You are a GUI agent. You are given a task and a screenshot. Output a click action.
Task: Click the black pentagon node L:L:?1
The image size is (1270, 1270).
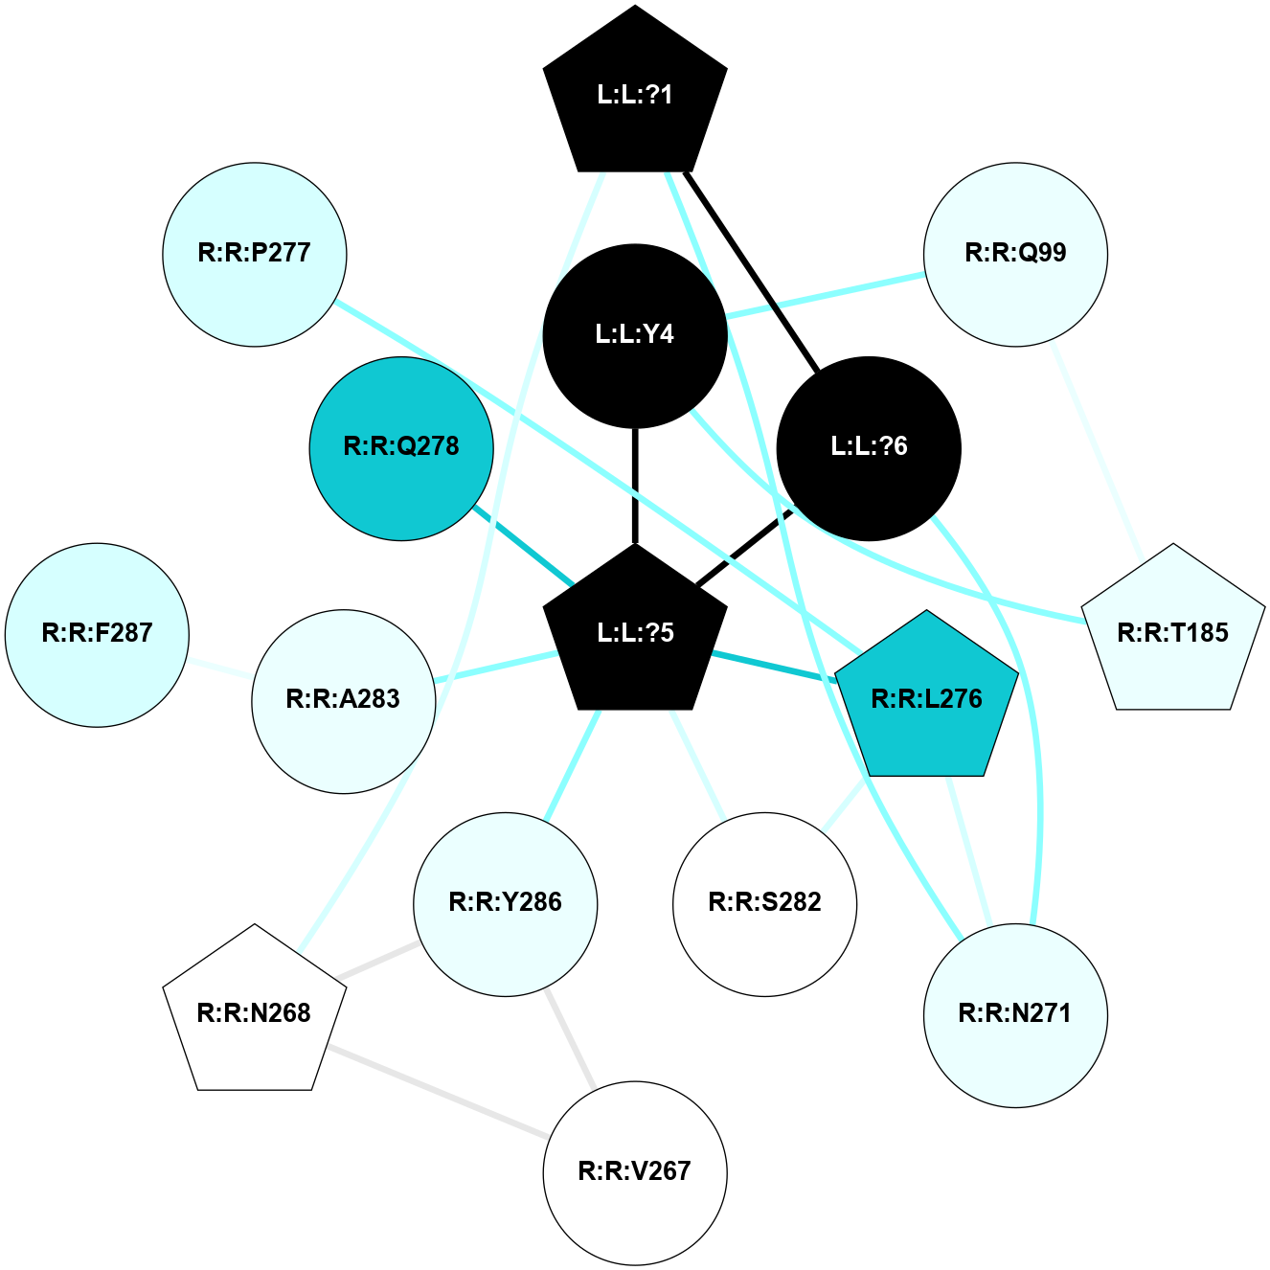(635, 94)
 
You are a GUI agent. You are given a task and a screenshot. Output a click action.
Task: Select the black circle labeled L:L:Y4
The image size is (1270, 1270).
(635, 334)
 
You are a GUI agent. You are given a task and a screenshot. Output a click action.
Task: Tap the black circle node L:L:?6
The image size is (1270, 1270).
(869, 447)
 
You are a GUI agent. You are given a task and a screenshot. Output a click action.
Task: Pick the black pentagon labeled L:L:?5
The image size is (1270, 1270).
(635, 632)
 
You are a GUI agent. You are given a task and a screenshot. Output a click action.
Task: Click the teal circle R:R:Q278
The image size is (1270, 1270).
(401, 447)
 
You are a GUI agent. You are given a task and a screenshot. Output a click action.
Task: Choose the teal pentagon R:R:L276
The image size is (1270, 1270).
(926, 698)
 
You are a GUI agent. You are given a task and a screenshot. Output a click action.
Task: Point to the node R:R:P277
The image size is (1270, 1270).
(255, 254)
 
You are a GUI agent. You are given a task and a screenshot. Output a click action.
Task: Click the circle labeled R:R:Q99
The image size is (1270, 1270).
(1015, 254)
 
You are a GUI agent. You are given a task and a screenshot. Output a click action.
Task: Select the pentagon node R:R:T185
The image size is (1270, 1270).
(1172, 632)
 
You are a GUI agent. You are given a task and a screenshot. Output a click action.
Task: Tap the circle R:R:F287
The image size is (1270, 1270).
(98, 634)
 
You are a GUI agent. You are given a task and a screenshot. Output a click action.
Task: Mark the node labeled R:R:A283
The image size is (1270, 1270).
(344, 700)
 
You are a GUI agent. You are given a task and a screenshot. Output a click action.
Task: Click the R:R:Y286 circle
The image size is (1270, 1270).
(506, 903)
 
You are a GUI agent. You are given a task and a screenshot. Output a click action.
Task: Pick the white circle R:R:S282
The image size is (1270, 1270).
(764, 903)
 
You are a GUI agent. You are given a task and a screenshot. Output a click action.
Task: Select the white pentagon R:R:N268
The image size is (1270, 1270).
(255, 1012)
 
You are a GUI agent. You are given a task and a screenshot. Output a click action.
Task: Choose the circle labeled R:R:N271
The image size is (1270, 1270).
(1015, 1014)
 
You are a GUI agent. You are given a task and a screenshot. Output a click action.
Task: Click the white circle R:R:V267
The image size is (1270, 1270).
(635, 1171)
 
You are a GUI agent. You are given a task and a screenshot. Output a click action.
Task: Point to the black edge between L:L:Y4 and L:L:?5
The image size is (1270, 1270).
(635, 485)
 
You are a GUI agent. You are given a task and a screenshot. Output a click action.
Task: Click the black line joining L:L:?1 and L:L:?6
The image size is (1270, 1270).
(752, 271)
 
